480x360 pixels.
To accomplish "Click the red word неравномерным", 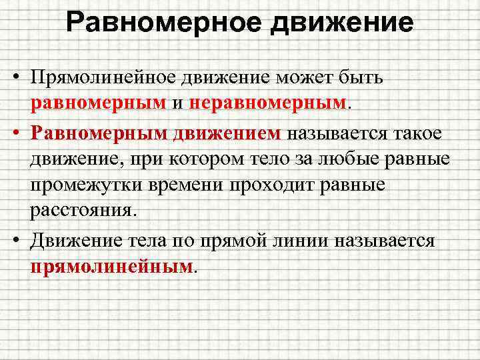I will pyautogui.click(x=269, y=103).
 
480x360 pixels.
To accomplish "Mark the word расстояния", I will pyautogui.click(x=81, y=212).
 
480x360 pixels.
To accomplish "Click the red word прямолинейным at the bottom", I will pyautogui.click(x=110, y=266).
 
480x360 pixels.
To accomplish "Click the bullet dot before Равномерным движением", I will pyautogui.click(x=14, y=131).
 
